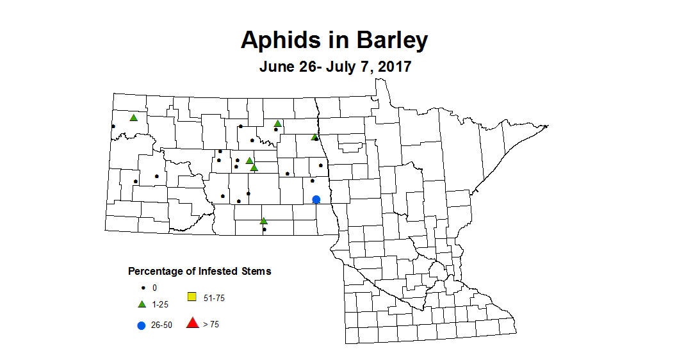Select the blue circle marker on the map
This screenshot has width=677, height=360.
[x=316, y=199]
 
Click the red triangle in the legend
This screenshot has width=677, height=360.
[x=192, y=323]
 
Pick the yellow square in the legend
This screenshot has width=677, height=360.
[x=192, y=297]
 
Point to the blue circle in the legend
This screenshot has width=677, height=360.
[x=142, y=325]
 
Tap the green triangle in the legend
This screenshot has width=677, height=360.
[x=142, y=304]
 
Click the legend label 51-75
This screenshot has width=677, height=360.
[x=214, y=298]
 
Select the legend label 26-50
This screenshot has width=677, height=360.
[x=161, y=325]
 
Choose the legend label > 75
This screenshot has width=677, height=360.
[x=211, y=325]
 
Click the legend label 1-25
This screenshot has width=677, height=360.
[x=159, y=304]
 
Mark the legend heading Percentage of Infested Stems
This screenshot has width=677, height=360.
[x=199, y=271]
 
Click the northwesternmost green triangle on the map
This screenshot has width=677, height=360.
[x=134, y=117]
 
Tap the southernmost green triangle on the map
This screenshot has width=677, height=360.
[x=263, y=221]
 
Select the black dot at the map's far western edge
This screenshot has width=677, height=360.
[x=113, y=126]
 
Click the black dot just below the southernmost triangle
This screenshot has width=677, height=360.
[x=265, y=229]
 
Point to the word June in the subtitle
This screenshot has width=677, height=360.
[x=275, y=67]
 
